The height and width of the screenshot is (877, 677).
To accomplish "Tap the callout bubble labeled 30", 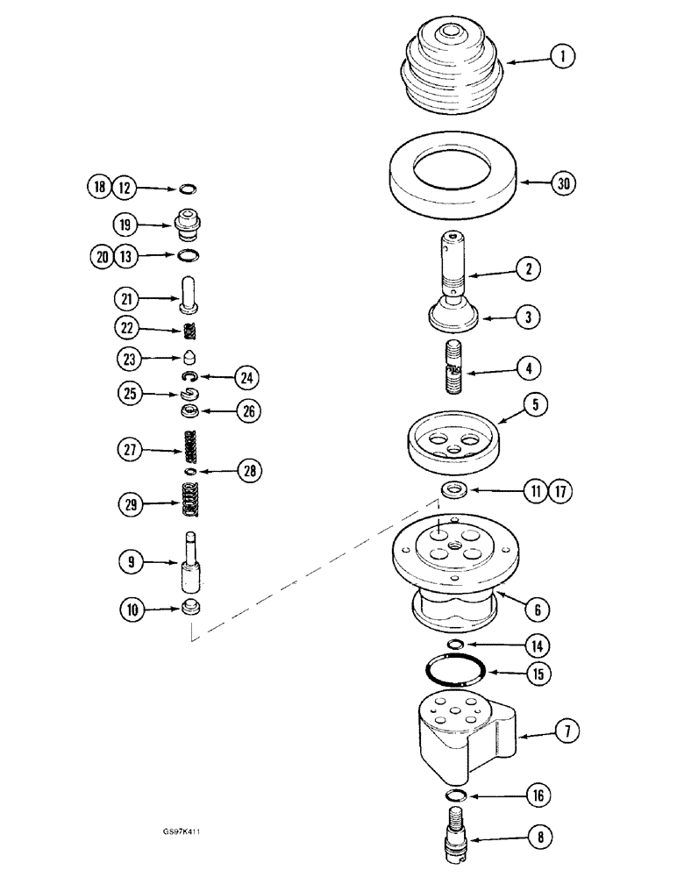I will [x=564, y=184].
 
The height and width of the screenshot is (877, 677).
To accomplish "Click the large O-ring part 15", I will [x=455, y=675].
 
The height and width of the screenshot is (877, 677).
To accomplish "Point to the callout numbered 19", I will [x=125, y=225].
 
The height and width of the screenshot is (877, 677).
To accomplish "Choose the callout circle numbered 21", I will [x=125, y=300].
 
